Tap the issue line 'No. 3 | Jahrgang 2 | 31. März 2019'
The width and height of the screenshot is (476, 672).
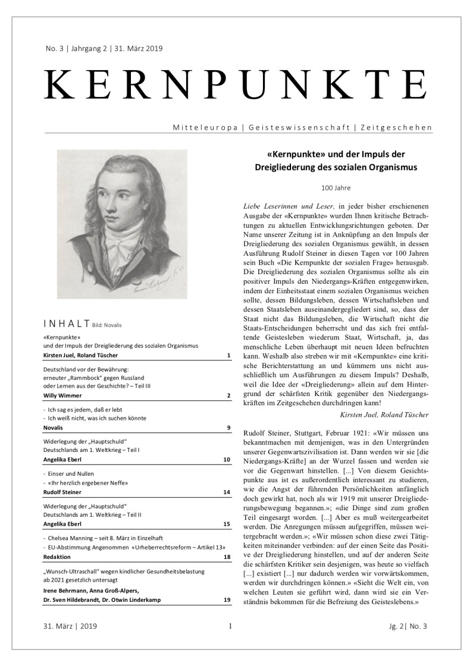point(99,49)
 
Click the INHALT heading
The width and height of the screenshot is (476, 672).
point(67,324)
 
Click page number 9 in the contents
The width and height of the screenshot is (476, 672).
point(228,427)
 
